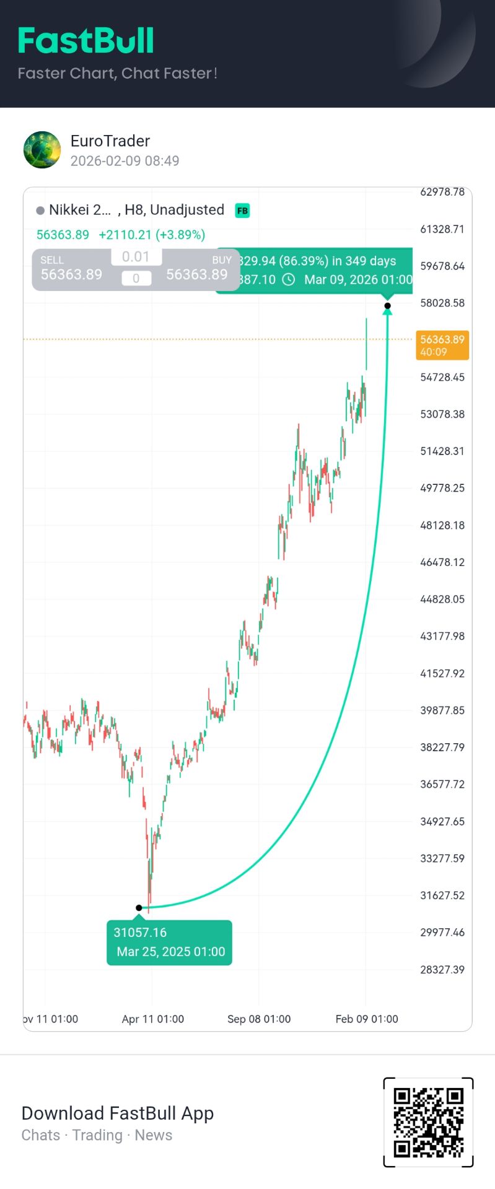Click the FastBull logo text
pos(86,41)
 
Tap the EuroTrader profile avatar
pos(42,150)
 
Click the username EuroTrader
pos(110,141)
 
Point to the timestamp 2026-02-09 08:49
pos(125,161)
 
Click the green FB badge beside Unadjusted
pos(242,211)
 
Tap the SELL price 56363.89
pos(71,274)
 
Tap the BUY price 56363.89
pos(197,274)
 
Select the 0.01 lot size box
pos(136,256)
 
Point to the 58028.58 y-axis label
pos(442,303)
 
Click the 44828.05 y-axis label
pos(442,599)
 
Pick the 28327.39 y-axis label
pos(442,969)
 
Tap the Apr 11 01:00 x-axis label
pos(153,1019)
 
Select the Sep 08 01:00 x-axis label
pos(259,1019)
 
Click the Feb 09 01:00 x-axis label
pos(367,1019)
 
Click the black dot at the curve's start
pos(139,908)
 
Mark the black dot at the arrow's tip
pos(387,305)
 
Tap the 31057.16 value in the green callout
pos(140,932)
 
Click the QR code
pos(429,1122)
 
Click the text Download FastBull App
pos(118,1113)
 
